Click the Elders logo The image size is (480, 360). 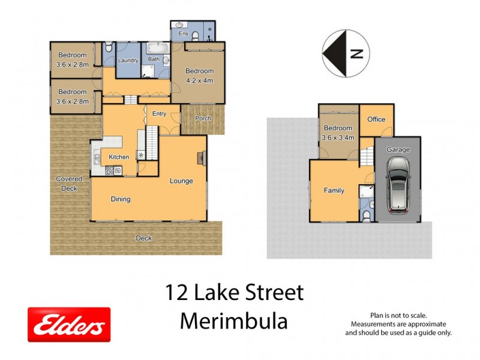pyautogui.click(x=69, y=325)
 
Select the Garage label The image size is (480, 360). pyautogui.click(x=397, y=149)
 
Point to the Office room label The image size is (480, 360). pyautogui.click(x=376, y=119)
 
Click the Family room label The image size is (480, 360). pyautogui.click(x=334, y=191)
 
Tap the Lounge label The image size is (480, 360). pyautogui.click(x=181, y=181)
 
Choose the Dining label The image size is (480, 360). pyautogui.click(x=120, y=199)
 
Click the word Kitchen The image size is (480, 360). pyautogui.click(x=119, y=157)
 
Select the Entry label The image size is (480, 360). pyautogui.click(x=159, y=114)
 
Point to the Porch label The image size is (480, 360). pyautogui.click(x=203, y=118)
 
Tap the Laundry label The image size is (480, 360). pyautogui.click(x=128, y=61)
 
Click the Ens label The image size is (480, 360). pyautogui.click(x=184, y=34)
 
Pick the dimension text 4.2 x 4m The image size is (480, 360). pyautogui.click(x=199, y=80)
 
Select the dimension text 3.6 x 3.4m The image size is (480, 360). pyautogui.click(x=339, y=137)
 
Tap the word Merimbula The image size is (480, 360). pyautogui.click(x=234, y=321)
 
